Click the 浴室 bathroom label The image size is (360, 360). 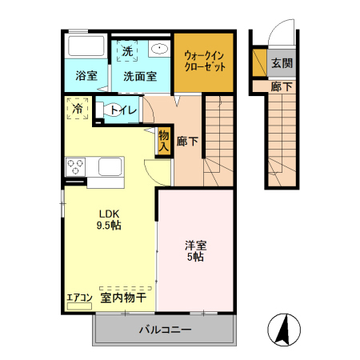click(86, 76)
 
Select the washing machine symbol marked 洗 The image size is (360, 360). click(128, 50)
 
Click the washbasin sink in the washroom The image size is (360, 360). click(158, 49)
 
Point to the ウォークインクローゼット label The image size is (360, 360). click(204, 61)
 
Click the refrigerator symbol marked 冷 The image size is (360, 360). click(78, 108)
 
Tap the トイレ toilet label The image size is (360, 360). click(122, 110)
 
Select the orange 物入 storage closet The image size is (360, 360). click(164, 141)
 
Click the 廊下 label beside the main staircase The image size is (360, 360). click(188, 142)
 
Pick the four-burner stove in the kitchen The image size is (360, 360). click(76, 167)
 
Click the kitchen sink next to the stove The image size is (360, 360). click(109, 169)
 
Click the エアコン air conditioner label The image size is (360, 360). click(78, 298)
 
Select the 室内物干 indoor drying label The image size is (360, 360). click(123, 298)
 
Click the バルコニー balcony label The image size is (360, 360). click(165, 330)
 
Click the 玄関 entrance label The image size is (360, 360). click(281, 62)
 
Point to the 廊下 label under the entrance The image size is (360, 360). click(280, 86)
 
